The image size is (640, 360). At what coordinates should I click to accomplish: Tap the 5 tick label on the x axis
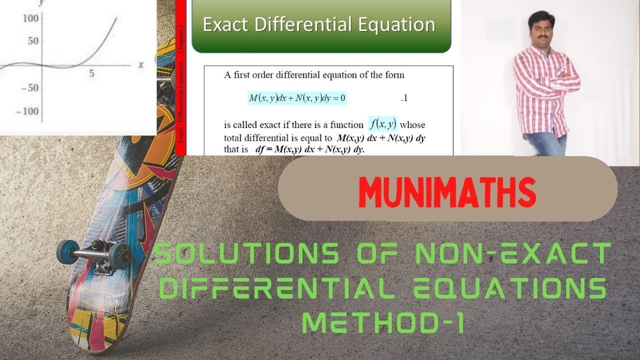pyautogui.click(x=91, y=73)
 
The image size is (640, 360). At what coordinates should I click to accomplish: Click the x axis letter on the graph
pyautogui.click(x=141, y=64)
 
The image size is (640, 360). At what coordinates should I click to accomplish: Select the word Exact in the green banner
pyautogui.click(x=226, y=25)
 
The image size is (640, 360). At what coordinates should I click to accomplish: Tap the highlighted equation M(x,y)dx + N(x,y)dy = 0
pyautogui.click(x=297, y=98)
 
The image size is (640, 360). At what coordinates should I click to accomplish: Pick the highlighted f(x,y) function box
pyautogui.click(x=382, y=122)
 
